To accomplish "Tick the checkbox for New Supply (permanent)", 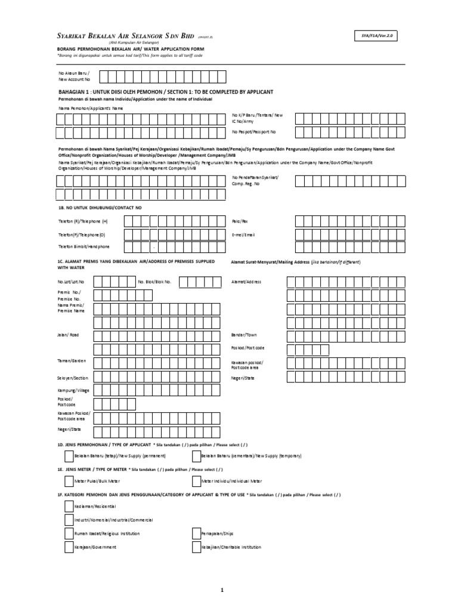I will pos(69,456).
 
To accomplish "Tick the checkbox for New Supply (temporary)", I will pos(196,456).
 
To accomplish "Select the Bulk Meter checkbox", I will pos(69,481).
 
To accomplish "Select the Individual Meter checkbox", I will pos(196,481).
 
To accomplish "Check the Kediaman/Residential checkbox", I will pos(69,506).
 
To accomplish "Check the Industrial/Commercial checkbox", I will pos(69,520).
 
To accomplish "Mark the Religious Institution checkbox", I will pos(69,533).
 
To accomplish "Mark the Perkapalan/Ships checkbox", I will pos(196,533).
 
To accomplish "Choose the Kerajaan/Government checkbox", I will pos(69,547).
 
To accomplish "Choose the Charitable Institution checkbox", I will pos(196,547).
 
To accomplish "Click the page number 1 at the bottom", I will pos(222,590).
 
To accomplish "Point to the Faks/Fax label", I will pos(239,221).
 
